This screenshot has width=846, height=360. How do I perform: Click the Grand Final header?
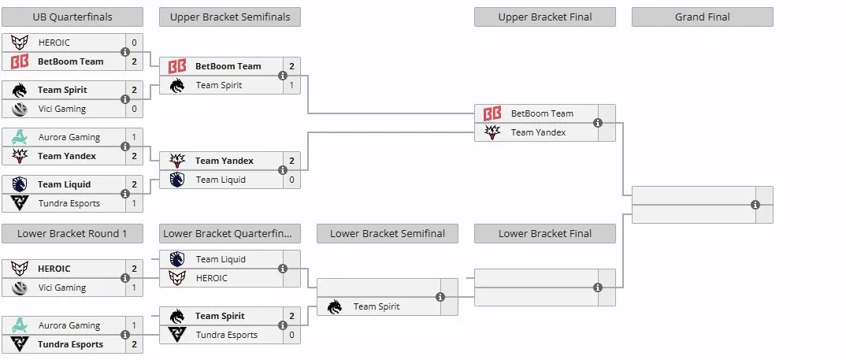tap(702, 17)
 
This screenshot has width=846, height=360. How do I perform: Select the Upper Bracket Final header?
tap(545, 17)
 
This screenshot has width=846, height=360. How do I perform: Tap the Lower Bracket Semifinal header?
tap(388, 234)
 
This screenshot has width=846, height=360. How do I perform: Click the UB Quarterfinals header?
tap(72, 17)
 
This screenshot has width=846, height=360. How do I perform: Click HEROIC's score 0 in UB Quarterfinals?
tap(135, 43)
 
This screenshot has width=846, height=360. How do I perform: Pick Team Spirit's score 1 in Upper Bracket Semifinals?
tap(292, 85)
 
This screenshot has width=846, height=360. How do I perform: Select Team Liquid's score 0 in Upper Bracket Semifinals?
tap(292, 180)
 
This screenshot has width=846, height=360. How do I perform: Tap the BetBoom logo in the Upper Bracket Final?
tap(492, 113)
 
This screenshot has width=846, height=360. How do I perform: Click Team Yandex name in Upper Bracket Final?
tap(539, 132)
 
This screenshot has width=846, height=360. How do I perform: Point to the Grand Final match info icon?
tap(755, 205)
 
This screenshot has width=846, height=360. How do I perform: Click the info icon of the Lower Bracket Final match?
tap(598, 288)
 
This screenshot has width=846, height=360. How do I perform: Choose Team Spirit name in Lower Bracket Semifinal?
tap(377, 306)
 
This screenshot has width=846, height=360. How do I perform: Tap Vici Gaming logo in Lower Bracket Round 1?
tap(20, 288)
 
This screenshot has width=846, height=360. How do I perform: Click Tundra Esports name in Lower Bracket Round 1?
tap(70, 344)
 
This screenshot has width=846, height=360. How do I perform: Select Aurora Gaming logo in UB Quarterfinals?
tap(20, 137)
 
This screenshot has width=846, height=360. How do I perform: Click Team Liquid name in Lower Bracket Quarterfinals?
tap(221, 259)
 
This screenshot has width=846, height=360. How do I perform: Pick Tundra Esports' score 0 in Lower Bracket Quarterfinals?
tap(292, 335)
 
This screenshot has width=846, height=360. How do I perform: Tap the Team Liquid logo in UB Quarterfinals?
tap(20, 184)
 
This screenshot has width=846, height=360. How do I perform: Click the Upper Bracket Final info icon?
tap(598, 123)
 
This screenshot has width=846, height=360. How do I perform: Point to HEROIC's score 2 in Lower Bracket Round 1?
tap(135, 269)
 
